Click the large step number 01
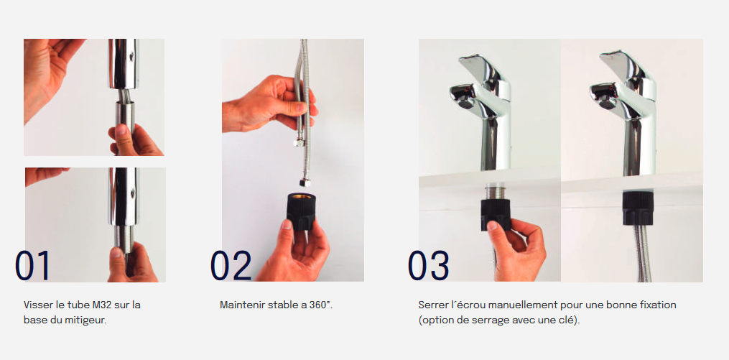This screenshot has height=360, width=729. pos(32,266)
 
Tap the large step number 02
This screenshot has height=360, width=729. pos(231,266)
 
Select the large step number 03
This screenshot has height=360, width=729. pos(429,266)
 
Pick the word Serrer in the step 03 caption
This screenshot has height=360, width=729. pos(432,305)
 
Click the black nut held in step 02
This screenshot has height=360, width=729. pos(301,212)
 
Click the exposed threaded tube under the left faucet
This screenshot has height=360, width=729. pos(495,192)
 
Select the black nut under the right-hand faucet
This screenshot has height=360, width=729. pos(638,208)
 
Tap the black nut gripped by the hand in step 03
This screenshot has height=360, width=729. pos(495,214)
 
